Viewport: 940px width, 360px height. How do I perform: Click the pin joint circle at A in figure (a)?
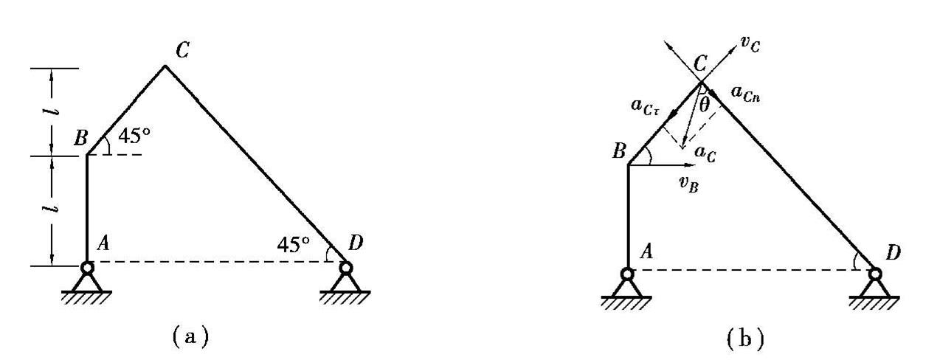click(x=87, y=268)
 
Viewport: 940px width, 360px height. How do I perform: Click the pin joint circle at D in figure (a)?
click(x=345, y=268)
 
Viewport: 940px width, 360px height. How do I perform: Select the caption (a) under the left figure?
click(x=187, y=338)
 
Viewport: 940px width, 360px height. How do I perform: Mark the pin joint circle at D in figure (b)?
click(x=875, y=274)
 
